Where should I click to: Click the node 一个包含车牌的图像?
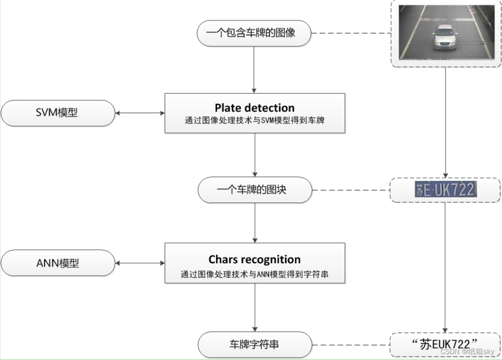tap(254, 33)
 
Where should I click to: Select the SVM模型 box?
tap(58, 113)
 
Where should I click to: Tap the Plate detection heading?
tap(254, 108)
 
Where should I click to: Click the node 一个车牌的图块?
tap(254, 190)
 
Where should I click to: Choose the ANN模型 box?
tap(58, 263)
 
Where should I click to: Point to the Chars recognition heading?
tap(254, 259)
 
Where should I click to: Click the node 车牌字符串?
tap(254, 344)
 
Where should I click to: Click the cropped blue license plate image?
tap(445, 189)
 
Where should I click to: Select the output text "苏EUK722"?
tap(445, 344)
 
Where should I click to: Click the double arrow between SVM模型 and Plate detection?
tap(140, 113)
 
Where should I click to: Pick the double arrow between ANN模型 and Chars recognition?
tap(140, 263)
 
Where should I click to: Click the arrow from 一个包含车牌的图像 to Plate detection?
tap(254, 70)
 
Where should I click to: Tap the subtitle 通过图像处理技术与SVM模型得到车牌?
tap(254, 120)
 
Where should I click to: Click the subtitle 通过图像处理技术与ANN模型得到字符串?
tap(254, 274)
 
